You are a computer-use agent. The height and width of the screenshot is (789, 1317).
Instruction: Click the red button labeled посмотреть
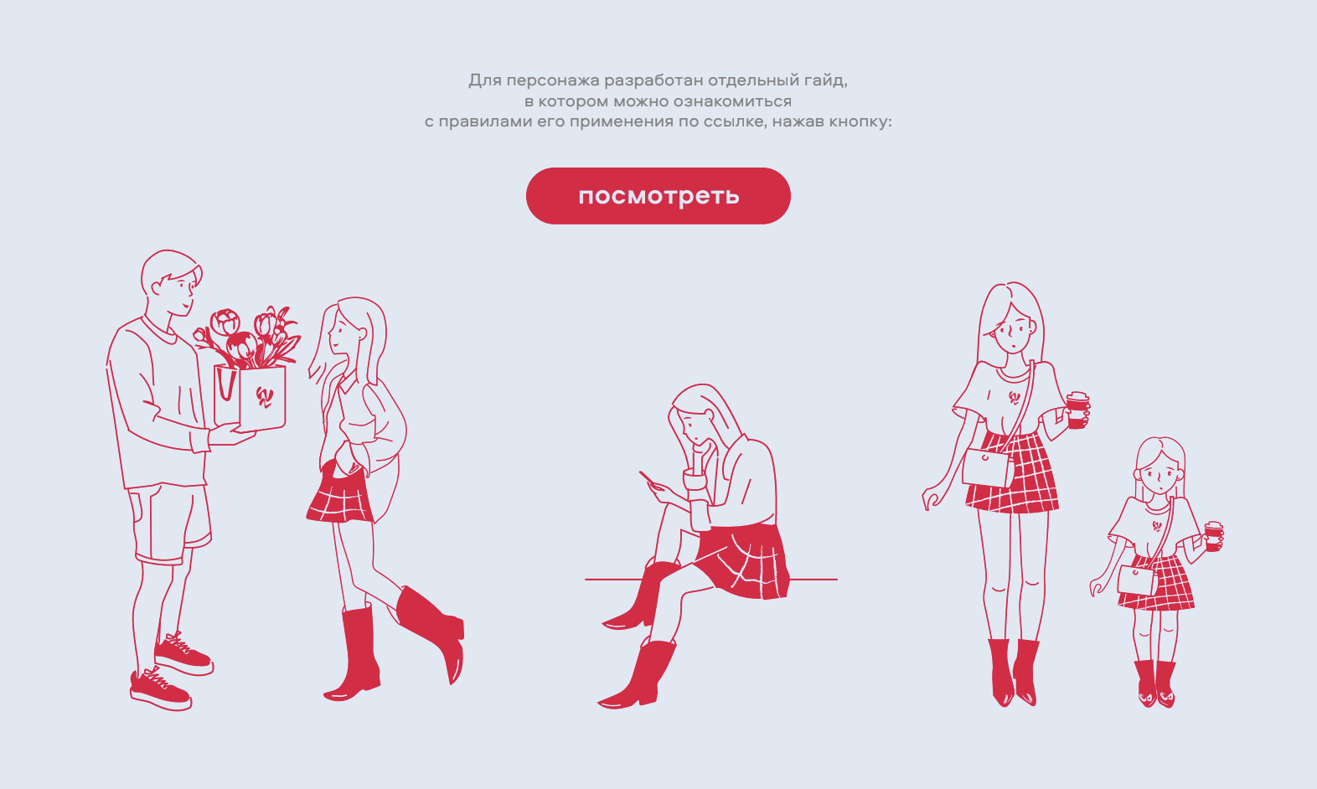[658, 196]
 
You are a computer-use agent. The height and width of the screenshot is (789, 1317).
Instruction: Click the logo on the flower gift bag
[264, 397]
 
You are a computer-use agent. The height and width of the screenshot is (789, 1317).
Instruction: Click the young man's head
[171, 282]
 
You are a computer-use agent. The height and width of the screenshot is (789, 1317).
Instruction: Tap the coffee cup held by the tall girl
[1077, 410]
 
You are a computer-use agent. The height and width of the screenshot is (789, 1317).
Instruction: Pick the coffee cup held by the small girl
[1213, 535]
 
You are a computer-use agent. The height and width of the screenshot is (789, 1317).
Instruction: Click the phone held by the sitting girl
[647, 477]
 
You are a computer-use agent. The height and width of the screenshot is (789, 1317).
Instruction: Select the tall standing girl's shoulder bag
[988, 467]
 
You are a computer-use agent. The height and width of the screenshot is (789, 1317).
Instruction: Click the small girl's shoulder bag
[1137, 580]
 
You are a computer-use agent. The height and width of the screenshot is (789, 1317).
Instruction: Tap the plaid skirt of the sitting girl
[744, 561]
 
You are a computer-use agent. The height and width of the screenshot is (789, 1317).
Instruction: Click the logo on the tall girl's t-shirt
[1015, 398]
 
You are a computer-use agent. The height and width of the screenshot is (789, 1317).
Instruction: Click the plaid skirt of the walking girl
[340, 494]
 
